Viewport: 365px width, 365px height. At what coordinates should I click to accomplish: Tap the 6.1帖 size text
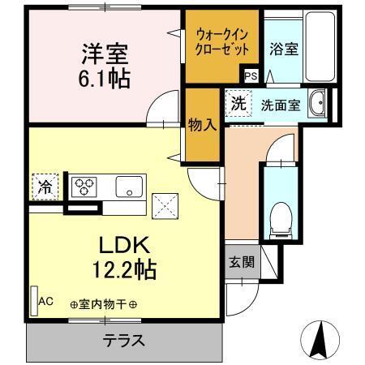[x=105, y=79]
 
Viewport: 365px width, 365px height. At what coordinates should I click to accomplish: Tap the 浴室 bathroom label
[x=285, y=49]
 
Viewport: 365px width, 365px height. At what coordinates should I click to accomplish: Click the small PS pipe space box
[x=251, y=75]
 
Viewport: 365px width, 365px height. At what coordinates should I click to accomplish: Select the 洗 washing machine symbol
[x=238, y=104]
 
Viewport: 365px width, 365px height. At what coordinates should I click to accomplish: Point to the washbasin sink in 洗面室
[x=319, y=104]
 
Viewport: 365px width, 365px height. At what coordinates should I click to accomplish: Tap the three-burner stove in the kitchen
[x=84, y=187]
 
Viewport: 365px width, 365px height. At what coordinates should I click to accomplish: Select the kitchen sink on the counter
[x=128, y=187]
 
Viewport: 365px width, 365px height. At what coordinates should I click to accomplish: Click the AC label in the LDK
[x=46, y=301]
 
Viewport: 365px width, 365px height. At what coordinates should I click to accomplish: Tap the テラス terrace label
[x=123, y=341]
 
